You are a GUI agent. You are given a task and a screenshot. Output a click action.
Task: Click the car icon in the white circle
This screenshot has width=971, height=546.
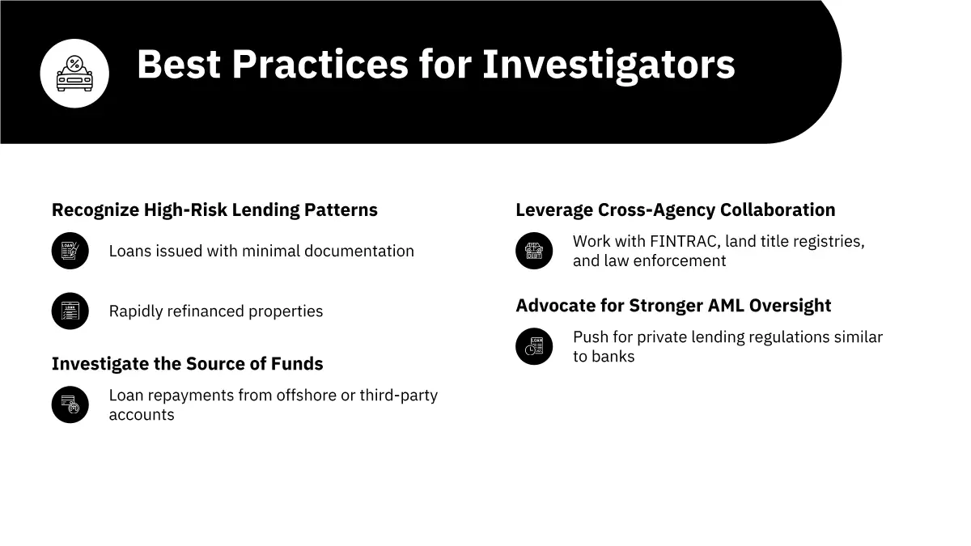(74, 74)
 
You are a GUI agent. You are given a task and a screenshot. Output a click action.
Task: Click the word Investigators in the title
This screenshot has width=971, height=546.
(608, 65)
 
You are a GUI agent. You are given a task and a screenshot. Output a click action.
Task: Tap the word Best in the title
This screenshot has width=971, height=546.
(179, 64)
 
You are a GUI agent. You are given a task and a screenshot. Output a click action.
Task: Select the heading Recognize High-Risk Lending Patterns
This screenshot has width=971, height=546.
(214, 210)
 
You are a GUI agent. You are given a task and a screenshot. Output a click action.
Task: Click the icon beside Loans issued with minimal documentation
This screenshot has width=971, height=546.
(70, 251)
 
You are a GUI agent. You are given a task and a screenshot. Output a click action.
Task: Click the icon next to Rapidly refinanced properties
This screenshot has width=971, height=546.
(70, 311)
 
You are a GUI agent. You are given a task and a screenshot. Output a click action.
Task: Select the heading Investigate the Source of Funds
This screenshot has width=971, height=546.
(187, 364)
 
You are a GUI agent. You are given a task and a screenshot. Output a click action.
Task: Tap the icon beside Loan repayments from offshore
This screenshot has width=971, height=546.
(70, 404)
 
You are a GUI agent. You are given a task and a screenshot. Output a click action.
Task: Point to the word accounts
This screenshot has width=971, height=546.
(142, 415)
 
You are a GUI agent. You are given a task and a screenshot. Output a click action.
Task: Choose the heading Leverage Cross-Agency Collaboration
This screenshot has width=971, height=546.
(676, 210)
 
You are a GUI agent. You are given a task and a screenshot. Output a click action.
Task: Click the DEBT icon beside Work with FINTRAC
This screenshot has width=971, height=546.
(534, 251)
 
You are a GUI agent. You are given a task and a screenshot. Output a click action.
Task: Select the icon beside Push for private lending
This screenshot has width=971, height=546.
(534, 347)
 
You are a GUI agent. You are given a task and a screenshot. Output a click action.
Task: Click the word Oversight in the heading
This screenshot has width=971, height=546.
(791, 306)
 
